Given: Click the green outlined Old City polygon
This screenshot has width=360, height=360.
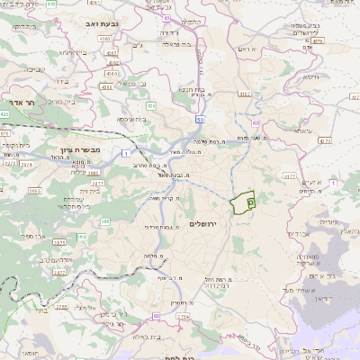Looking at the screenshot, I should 242,203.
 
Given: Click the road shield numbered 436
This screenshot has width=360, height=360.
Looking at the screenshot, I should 151,107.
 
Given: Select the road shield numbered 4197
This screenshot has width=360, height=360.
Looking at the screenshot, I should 243,94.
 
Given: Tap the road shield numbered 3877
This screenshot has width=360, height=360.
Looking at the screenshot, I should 95,183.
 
